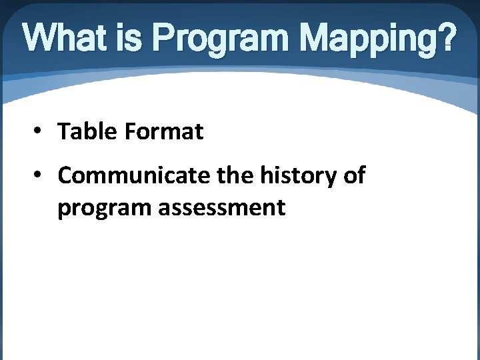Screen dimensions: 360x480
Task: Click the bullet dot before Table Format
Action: [x=40, y=132]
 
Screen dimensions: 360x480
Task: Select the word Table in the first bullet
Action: [x=87, y=132]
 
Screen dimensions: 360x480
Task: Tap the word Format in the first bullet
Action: [x=163, y=132]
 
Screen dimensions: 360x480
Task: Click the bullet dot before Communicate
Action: [x=40, y=176]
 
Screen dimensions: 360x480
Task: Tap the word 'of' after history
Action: [x=353, y=176]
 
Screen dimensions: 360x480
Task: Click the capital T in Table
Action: [x=64, y=132]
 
